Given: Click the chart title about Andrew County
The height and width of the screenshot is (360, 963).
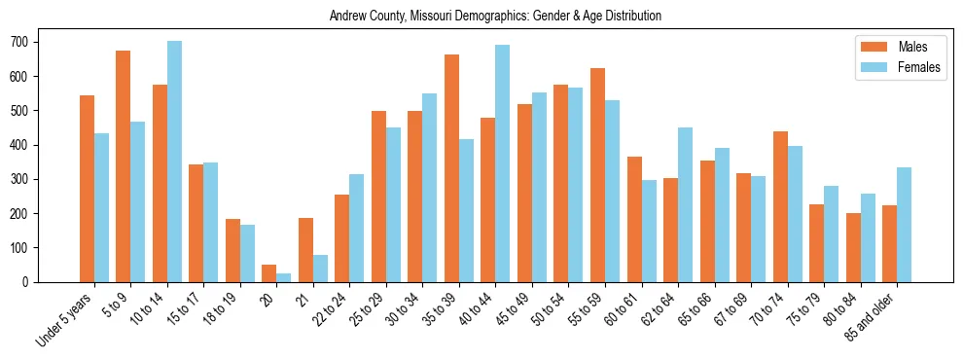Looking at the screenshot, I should (495, 17).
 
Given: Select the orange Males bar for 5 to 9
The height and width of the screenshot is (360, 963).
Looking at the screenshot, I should (124, 166).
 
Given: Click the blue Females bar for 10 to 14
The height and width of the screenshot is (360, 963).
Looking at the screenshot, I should (174, 162).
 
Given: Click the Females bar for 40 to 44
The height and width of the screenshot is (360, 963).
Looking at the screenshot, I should (503, 163).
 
